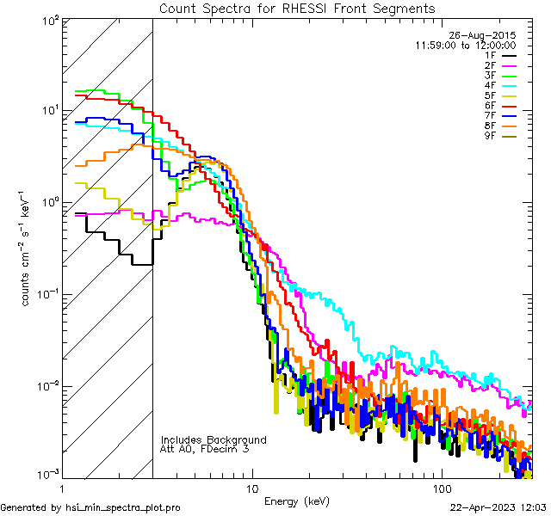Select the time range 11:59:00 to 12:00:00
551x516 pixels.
(466, 45)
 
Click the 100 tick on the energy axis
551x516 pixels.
(441, 488)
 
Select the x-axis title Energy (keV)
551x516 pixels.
(296, 501)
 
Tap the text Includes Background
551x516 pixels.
(214, 439)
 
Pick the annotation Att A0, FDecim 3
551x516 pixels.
(205, 449)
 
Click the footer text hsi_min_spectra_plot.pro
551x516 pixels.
(123, 507)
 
